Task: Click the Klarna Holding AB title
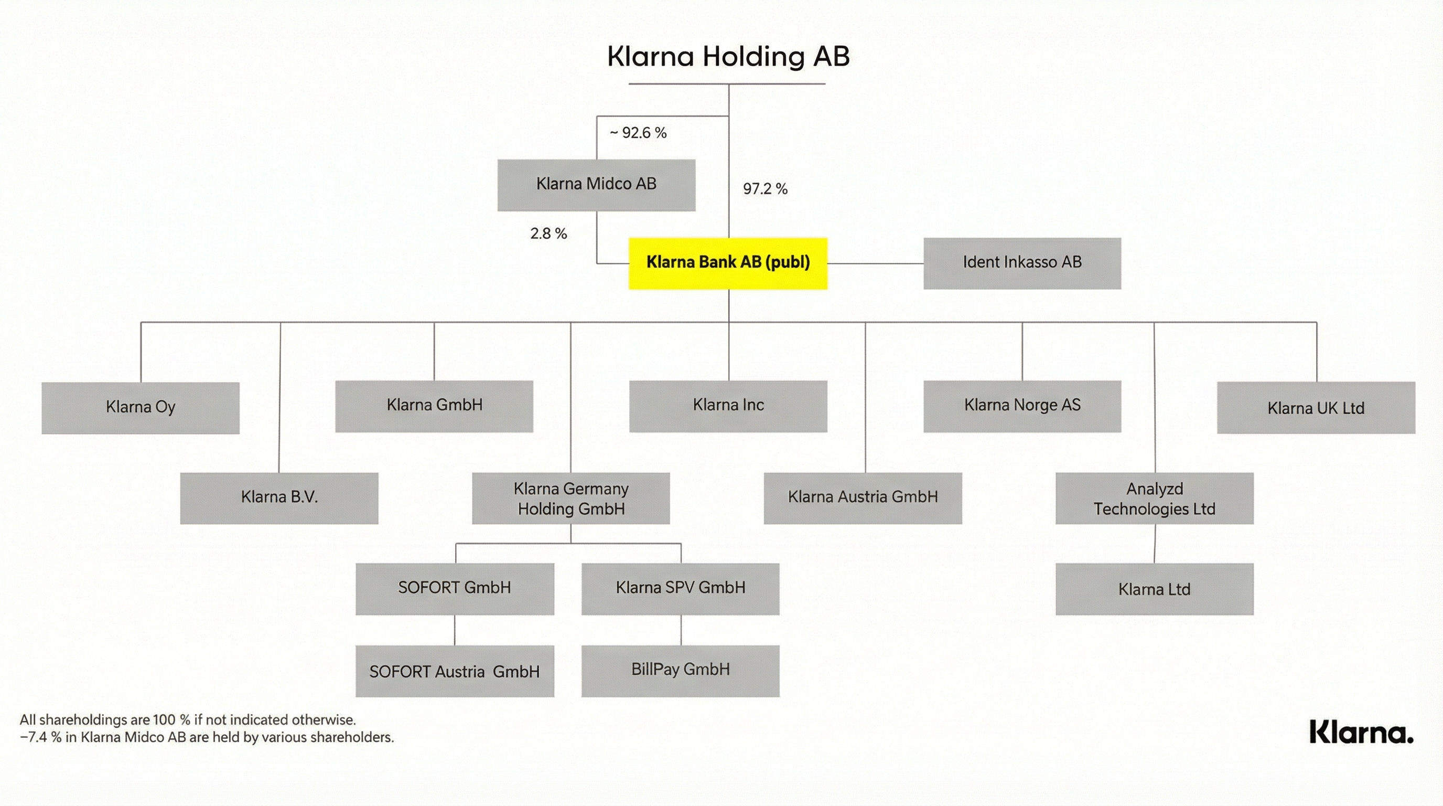click(728, 57)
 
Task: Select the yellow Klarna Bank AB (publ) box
click(728, 263)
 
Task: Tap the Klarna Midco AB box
click(596, 185)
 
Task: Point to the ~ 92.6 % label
click(638, 133)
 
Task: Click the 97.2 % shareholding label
click(765, 189)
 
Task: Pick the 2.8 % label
click(548, 234)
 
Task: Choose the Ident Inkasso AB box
click(1022, 263)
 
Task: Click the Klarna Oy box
click(140, 408)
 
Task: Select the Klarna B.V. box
click(279, 498)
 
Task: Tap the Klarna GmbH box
click(434, 406)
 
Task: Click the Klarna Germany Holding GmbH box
click(570, 498)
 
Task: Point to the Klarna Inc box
click(728, 406)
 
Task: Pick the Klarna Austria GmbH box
click(863, 498)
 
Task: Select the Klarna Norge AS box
click(1022, 406)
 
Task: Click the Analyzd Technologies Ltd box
click(1154, 498)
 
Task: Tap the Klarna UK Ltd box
click(1316, 408)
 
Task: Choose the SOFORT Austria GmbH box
click(454, 671)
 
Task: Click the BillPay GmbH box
click(680, 671)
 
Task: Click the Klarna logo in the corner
click(1361, 732)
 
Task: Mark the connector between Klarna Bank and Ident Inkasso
click(875, 263)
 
